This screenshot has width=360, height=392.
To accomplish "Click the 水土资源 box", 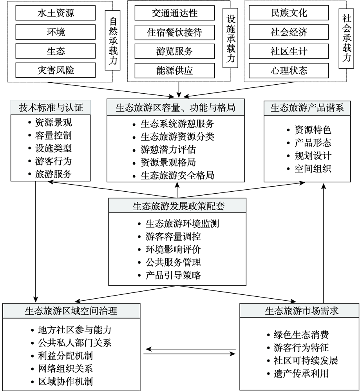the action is [x=56, y=13].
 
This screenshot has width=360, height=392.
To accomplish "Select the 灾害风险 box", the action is [x=56, y=70].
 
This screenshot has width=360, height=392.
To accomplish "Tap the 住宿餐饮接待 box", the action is [x=175, y=32].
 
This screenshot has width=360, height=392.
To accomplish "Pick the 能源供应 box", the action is [x=175, y=71].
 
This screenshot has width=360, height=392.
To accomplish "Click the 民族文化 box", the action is [x=289, y=13].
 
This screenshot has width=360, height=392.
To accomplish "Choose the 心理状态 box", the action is [x=289, y=71].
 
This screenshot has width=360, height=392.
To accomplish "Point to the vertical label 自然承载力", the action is [x=113, y=40].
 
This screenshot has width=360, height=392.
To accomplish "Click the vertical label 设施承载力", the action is [x=230, y=38].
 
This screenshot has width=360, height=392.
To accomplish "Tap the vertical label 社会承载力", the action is [x=347, y=38].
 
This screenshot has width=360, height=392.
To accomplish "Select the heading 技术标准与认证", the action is [x=51, y=108].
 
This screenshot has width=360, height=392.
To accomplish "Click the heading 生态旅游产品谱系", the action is [x=307, y=108].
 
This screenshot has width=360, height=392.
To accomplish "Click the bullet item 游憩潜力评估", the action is [x=168, y=149].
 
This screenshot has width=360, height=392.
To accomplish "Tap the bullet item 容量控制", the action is [x=53, y=135].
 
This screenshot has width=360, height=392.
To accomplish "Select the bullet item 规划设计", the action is [x=313, y=156].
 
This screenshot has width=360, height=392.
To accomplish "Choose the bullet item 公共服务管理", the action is [x=173, y=262].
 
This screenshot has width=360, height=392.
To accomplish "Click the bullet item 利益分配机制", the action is [x=65, y=356].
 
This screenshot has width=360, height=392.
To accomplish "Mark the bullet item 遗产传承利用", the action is [x=301, y=374].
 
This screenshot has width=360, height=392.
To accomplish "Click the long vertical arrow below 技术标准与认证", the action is [x=36, y=242].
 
